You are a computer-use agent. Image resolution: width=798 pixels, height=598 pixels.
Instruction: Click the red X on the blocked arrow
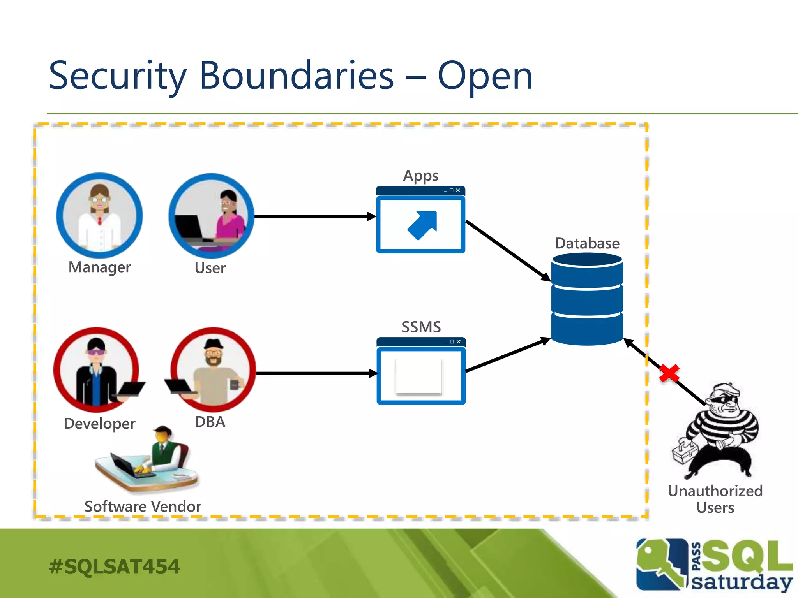click(x=669, y=373)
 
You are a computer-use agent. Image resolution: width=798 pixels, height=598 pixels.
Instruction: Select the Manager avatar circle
click(x=100, y=216)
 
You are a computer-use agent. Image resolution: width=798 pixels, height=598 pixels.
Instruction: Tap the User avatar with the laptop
click(x=212, y=216)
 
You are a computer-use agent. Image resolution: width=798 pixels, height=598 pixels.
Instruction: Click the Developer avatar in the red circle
click(x=97, y=370)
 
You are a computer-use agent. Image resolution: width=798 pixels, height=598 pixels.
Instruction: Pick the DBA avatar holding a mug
click(x=213, y=370)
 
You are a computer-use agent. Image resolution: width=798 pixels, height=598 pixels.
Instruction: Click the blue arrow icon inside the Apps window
click(x=422, y=225)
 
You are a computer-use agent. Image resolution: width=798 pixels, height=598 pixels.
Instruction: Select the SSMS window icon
click(x=421, y=371)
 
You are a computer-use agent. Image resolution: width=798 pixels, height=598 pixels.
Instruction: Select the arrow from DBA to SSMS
click(x=316, y=373)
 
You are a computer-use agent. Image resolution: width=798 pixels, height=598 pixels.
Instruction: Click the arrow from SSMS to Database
click(x=507, y=355)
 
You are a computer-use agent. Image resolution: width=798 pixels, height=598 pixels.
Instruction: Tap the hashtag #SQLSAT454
click(x=114, y=566)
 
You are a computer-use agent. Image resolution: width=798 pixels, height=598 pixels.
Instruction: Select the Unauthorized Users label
click(x=715, y=499)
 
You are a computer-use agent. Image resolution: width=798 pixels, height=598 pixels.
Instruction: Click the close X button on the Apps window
click(x=458, y=190)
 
